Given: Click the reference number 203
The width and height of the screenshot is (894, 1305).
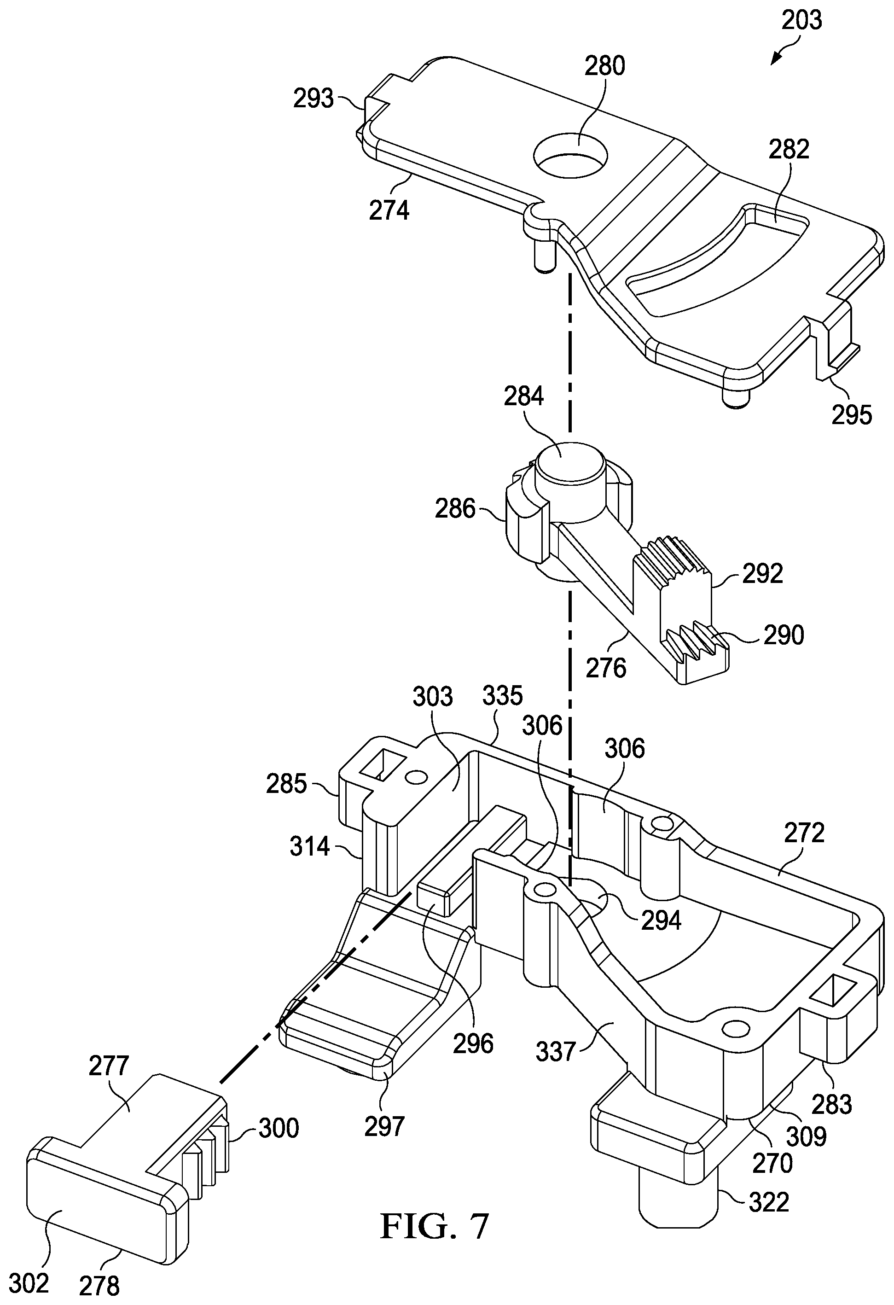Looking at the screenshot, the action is pyautogui.click(x=801, y=20).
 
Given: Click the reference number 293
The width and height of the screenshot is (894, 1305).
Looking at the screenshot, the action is pyautogui.click(x=313, y=99).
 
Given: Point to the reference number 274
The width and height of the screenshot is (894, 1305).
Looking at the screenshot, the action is pyautogui.click(x=389, y=210).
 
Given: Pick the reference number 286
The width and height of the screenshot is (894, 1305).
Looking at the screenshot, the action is pyautogui.click(x=455, y=509).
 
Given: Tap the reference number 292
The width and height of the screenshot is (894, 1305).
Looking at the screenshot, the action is pyautogui.click(x=763, y=573).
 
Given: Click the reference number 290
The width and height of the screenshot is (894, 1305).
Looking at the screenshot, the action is pyautogui.click(x=784, y=635).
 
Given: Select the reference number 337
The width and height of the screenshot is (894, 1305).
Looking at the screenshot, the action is pyautogui.click(x=556, y=1051).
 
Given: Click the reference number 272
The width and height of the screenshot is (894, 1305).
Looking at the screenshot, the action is pyautogui.click(x=805, y=832).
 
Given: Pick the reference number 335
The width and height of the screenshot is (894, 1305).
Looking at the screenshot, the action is pyautogui.click(x=502, y=696).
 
